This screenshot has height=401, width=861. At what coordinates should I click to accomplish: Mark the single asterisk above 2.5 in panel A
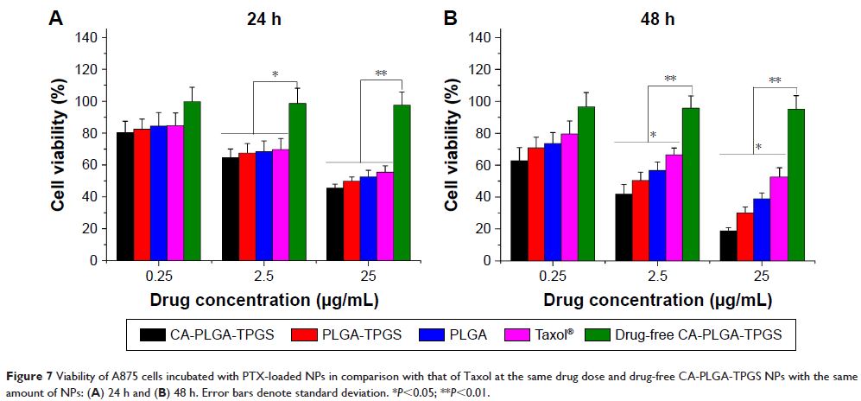275,73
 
